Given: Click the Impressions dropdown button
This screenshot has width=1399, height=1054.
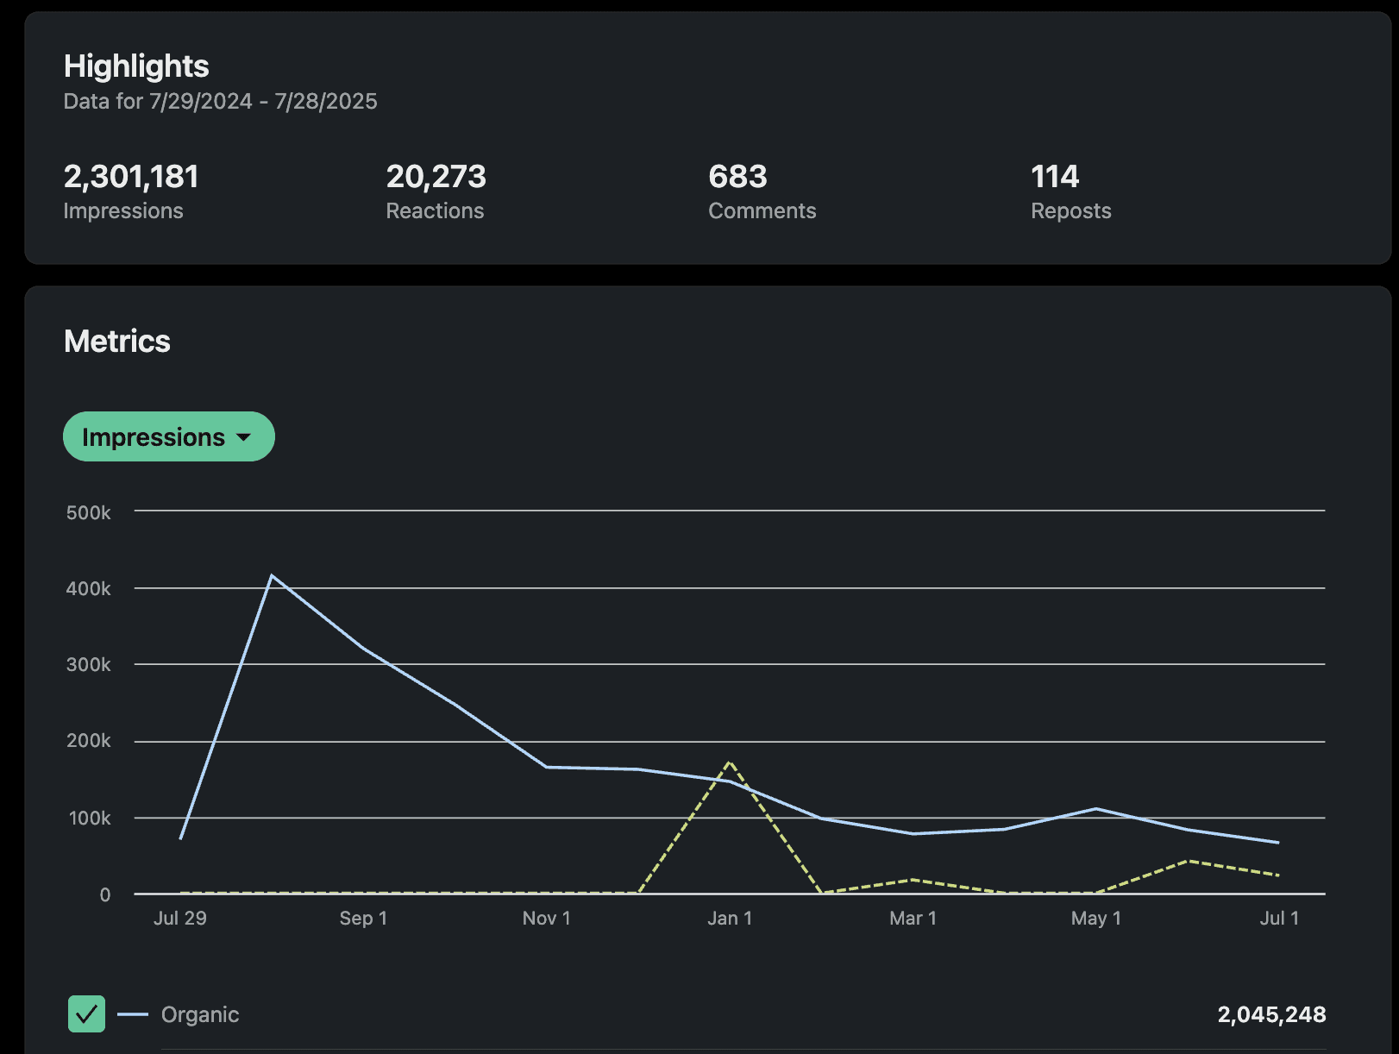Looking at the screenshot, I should coord(168,436).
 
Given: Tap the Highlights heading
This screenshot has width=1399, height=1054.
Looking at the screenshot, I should coord(136,66).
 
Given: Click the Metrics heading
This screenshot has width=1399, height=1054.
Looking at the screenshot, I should coord(117,342).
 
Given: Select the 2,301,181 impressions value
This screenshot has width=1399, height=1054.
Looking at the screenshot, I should coord(131,177).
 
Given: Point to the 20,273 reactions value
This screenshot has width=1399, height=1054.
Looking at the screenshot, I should coord(436,177).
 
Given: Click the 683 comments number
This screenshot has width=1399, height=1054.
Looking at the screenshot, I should coord(737,177).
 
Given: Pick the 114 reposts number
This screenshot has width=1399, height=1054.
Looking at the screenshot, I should coord(1055,177).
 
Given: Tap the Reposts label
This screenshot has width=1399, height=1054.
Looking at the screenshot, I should coord(1070,211).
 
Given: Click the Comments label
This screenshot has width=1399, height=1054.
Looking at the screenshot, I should coord(762,211).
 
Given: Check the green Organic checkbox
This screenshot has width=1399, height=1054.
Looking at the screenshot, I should coord(86,1014).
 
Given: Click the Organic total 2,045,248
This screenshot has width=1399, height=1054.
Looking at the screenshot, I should coord(1271,1014).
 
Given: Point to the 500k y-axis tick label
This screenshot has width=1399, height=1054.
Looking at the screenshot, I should coord(88,513).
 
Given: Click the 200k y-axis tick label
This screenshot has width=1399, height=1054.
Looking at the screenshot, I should coord(88,741).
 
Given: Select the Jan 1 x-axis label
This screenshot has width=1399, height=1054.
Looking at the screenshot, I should coord(730,919).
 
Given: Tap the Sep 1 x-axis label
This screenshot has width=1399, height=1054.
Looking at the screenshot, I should coord(363,919).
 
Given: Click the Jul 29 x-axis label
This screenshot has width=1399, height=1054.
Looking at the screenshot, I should coord(179,919).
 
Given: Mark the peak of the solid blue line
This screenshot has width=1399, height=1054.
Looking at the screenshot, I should coord(272,575).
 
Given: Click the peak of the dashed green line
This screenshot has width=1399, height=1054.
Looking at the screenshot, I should coord(730,762).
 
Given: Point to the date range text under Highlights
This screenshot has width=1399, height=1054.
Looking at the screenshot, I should coord(220,102).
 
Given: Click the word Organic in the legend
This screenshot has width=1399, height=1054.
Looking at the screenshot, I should coord(200,1014).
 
